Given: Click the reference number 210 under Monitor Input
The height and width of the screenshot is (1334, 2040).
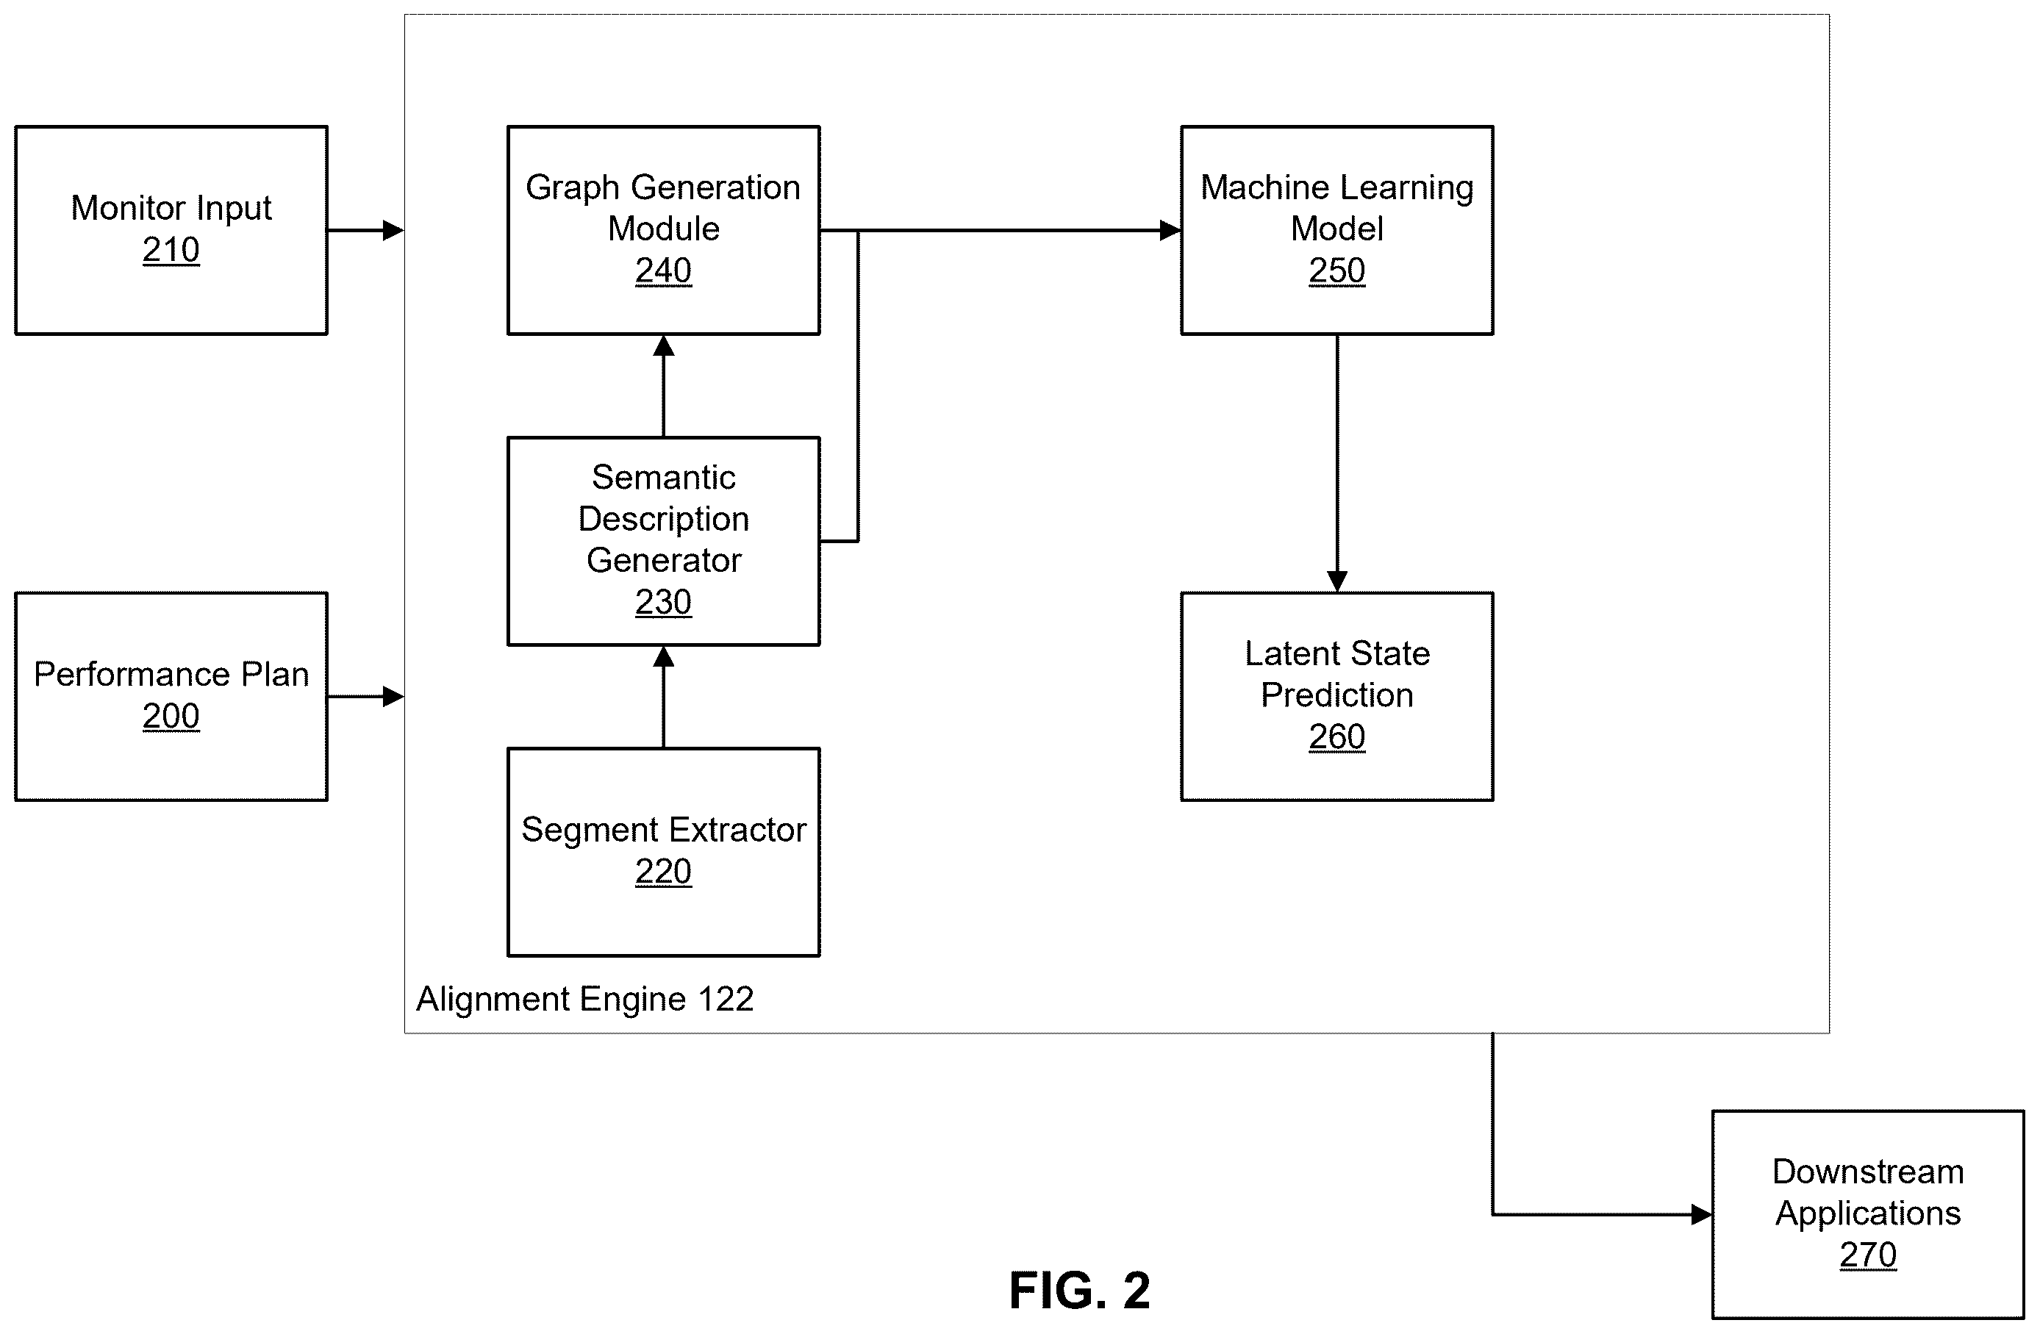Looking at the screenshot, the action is pyautogui.click(x=171, y=250).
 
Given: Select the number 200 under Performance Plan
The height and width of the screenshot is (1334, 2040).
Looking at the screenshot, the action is pyautogui.click(x=171, y=717).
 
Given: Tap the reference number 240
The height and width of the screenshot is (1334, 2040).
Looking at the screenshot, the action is pyautogui.click(x=663, y=270).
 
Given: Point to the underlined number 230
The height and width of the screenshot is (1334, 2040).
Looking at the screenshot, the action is pyautogui.click(x=663, y=602).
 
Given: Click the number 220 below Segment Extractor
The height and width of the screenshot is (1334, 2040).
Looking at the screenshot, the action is pyautogui.click(x=663, y=872).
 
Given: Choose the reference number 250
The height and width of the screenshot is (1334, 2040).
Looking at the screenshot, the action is pyautogui.click(x=1337, y=270).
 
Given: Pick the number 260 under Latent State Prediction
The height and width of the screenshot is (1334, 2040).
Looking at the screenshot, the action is pyautogui.click(x=1337, y=737).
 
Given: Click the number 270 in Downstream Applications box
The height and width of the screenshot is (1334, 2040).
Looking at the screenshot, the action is pyautogui.click(x=1868, y=1255).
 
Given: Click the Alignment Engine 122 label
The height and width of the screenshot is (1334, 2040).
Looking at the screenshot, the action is pyautogui.click(x=584, y=999).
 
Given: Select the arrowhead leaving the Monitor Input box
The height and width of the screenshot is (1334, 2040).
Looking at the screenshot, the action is pyautogui.click(x=393, y=231).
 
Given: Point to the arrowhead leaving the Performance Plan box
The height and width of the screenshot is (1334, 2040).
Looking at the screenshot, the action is pyautogui.click(x=393, y=697).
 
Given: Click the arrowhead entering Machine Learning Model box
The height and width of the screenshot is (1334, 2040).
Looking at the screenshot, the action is pyautogui.click(x=1171, y=231).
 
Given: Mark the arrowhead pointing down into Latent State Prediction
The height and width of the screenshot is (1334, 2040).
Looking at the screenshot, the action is pyautogui.click(x=1337, y=582).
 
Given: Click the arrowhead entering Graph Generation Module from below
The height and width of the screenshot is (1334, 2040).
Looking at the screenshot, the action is pyautogui.click(x=663, y=346).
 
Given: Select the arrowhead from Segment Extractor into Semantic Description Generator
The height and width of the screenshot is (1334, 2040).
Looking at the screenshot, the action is pyautogui.click(x=663, y=657).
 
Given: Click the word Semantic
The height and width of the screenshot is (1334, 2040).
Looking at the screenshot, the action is pyautogui.click(x=663, y=477).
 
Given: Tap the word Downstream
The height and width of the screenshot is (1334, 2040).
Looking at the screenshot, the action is pyautogui.click(x=1868, y=1172).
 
